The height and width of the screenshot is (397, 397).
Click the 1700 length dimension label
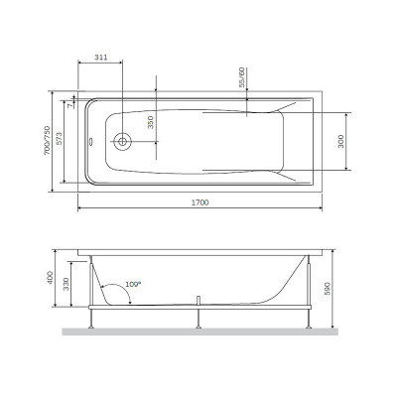point(201,201)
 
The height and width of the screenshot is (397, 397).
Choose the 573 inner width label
point(68,142)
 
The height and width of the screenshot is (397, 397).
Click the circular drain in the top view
point(122,141)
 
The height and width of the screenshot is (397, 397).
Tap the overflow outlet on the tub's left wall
point(91,141)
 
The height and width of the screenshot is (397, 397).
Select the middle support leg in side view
point(201,315)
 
